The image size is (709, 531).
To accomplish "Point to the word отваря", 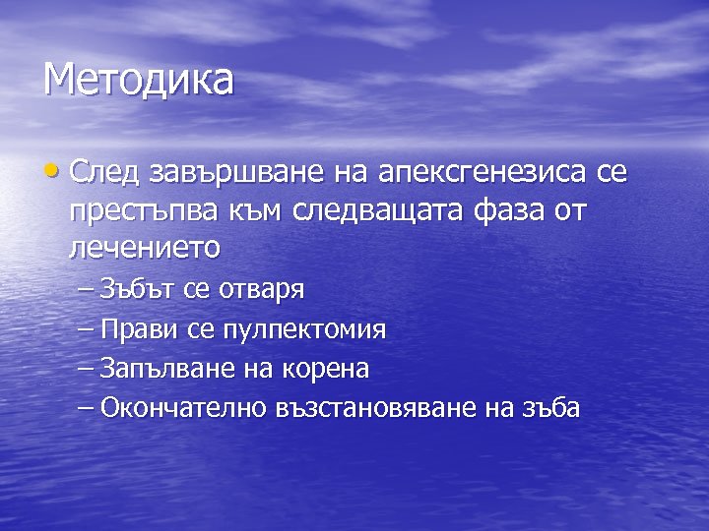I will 260,291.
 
